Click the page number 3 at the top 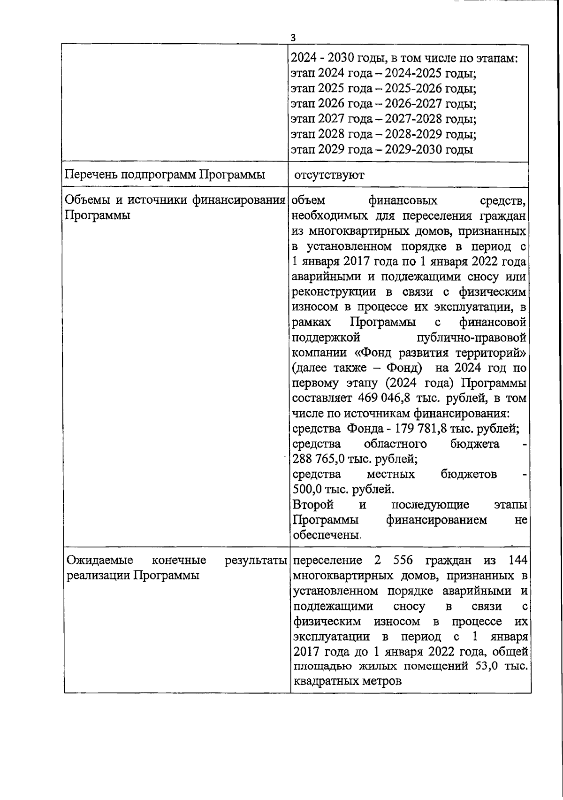coord(293,38)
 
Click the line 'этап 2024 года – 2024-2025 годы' coord(383,73)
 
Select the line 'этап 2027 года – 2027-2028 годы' coord(383,119)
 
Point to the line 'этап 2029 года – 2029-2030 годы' coord(381,149)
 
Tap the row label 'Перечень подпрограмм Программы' coord(165,175)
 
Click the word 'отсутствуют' coord(329,175)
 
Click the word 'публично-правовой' coord(471,338)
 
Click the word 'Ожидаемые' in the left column coord(99,560)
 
